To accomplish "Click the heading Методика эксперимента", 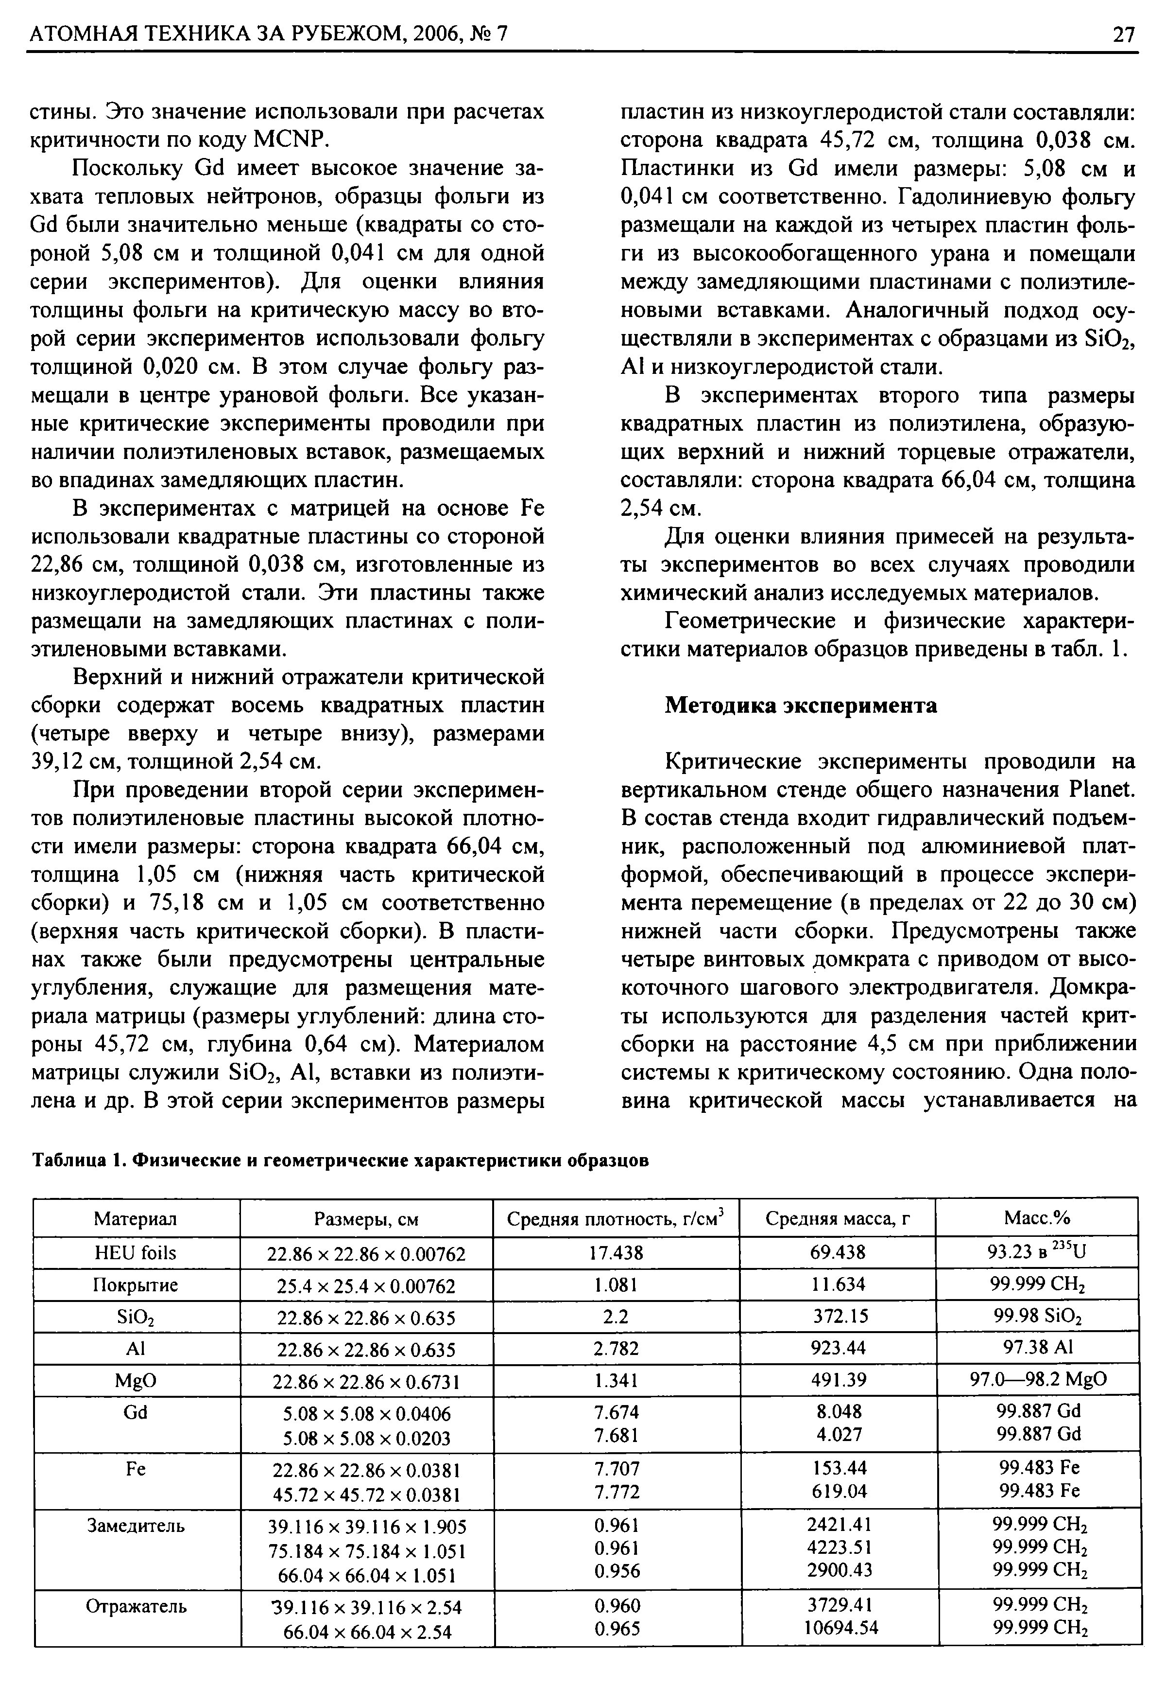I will point(801,706).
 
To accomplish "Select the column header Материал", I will point(136,1219).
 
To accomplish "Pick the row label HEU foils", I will point(136,1253).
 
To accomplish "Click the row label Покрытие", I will point(136,1285).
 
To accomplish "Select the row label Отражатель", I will point(137,1606).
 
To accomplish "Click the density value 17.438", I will point(617,1253).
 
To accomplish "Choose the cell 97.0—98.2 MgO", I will point(1037,1379).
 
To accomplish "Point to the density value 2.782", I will point(617,1348).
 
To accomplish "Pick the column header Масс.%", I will point(1037,1219).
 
